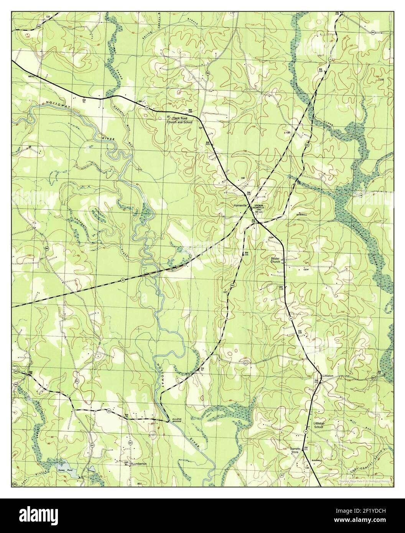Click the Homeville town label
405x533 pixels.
click(241, 205)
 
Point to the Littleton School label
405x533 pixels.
click(319, 424)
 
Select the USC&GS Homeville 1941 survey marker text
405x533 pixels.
click(257, 207)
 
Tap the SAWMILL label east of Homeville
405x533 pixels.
click(303, 215)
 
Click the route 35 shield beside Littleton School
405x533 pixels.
click(306, 432)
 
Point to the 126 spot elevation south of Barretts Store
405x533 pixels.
click(307, 468)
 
